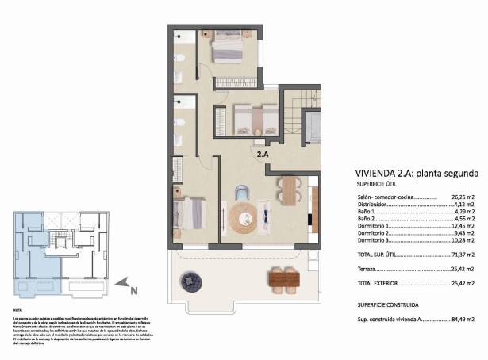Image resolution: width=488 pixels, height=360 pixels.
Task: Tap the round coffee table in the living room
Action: click(243, 216)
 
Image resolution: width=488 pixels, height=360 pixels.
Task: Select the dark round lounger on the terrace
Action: click(191, 279)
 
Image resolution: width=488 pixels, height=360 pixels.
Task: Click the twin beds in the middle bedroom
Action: click(254, 120)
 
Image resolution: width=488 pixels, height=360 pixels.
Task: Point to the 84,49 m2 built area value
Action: click(463, 320)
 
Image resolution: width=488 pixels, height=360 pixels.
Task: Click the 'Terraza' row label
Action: click(367, 269)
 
